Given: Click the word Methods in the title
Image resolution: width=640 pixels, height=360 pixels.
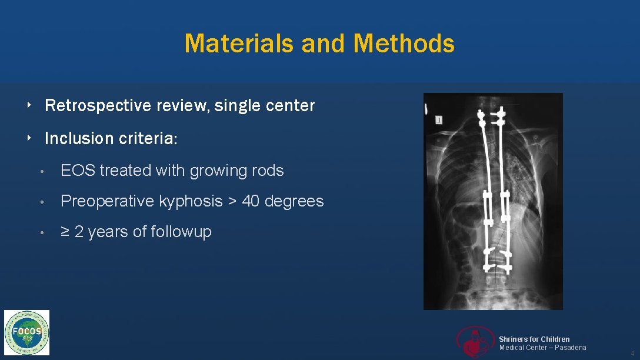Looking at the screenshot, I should pos(404,44).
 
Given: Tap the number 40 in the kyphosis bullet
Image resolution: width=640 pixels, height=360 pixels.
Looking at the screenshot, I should pos(251,201).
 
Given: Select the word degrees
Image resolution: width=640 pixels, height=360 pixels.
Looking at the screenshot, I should pos(294,201).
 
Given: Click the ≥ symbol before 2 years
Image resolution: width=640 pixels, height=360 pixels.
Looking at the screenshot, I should pos(65,232).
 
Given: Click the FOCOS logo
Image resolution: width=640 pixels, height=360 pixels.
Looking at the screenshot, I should pos(27,332).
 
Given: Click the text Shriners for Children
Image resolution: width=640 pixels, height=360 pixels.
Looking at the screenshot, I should pos(534,339).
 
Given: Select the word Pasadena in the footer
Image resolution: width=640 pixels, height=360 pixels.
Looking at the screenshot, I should pos(570,348).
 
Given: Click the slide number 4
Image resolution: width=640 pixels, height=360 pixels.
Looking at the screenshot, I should pos(632,353).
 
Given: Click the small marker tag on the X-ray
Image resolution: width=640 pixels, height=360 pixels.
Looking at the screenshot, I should pos(439,120).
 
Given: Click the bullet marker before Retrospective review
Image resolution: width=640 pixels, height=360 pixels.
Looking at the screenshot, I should pos(29,106).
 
